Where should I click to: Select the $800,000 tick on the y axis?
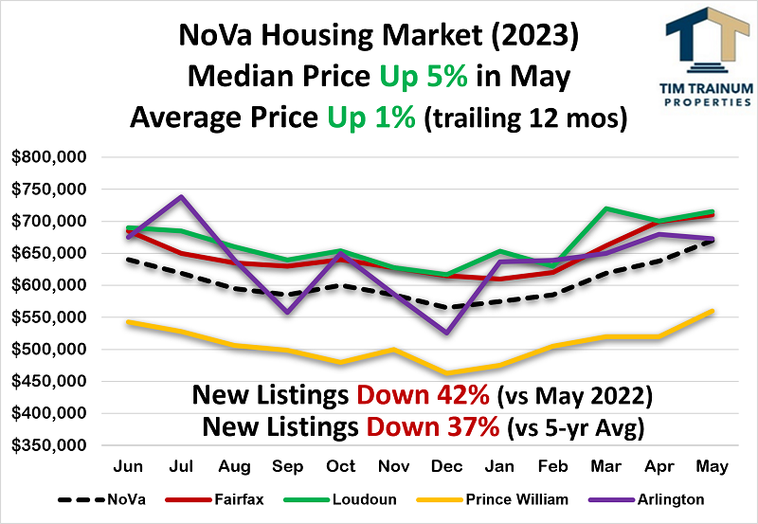(49, 157)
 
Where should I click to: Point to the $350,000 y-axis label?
(49, 445)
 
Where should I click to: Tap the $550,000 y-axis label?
(49, 317)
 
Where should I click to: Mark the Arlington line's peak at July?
(181, 197)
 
